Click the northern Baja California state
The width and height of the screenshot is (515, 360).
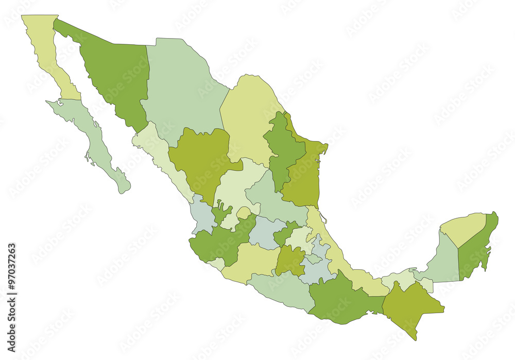tap(49, 52)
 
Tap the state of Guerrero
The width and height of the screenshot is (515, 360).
tap(281, 288)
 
